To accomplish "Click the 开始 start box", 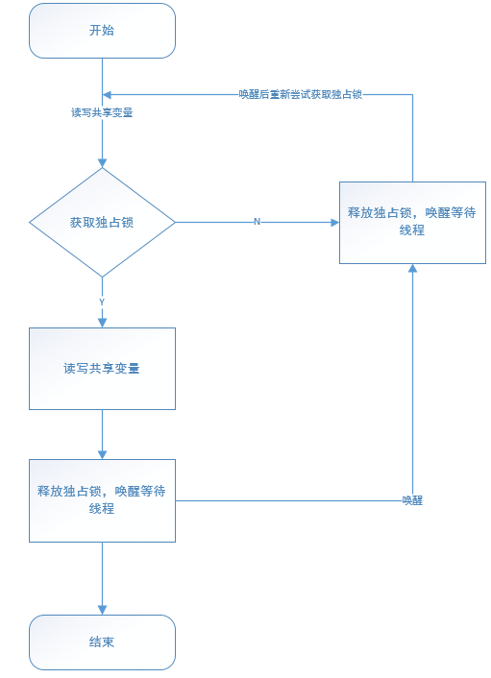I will (x=102, y=31).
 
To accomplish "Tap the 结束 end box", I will (x=102, y=642).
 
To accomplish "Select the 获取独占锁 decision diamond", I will (x=102, y=222).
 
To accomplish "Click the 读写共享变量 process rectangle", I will (x=102, y=368).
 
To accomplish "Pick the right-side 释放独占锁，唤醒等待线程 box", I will (x=412, y=222).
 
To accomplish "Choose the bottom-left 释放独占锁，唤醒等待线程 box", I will (x=102, y=499).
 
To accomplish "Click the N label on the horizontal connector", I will (x=257, y=222).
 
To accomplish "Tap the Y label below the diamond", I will (x=102, y=302).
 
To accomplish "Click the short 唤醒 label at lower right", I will (x=412, y=500).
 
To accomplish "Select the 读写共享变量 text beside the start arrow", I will (x=102, y=112).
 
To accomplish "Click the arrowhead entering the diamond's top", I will (x=102, y=163).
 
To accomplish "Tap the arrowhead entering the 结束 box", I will (x=102, y=610).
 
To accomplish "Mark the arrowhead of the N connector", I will (x=334, y=222).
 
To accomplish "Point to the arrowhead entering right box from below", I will (x=412, y=269).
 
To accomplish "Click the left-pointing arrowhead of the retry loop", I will (x=108, y=95).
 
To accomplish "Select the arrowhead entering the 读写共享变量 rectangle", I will (x=102, y=323).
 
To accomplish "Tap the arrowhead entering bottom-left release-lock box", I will (x=102, y=454).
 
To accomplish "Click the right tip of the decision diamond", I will (x=175, y=222).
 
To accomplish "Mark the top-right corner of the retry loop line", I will (x=412, y=95).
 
